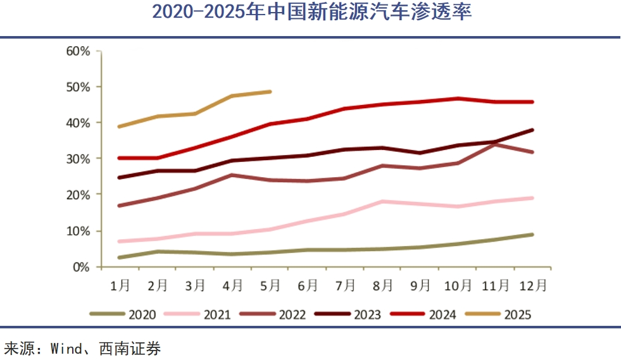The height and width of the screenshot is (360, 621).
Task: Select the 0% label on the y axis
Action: [x=82, y=267]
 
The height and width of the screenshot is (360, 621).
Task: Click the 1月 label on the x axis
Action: [x=120, y=286]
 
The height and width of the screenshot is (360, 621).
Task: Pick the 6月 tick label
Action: [x=308, y=286]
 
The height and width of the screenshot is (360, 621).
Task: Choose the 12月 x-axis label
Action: [x=533, y=286]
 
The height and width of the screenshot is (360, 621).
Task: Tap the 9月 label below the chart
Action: [x=420, y=286]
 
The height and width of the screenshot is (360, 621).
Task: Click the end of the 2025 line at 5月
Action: [x=270, y=92]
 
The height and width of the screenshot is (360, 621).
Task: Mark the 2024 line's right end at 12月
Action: [x=533, y=102]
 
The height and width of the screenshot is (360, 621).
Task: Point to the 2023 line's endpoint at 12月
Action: [x=533, y=130]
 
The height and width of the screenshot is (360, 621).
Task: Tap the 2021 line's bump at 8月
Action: [x=383, y=201]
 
